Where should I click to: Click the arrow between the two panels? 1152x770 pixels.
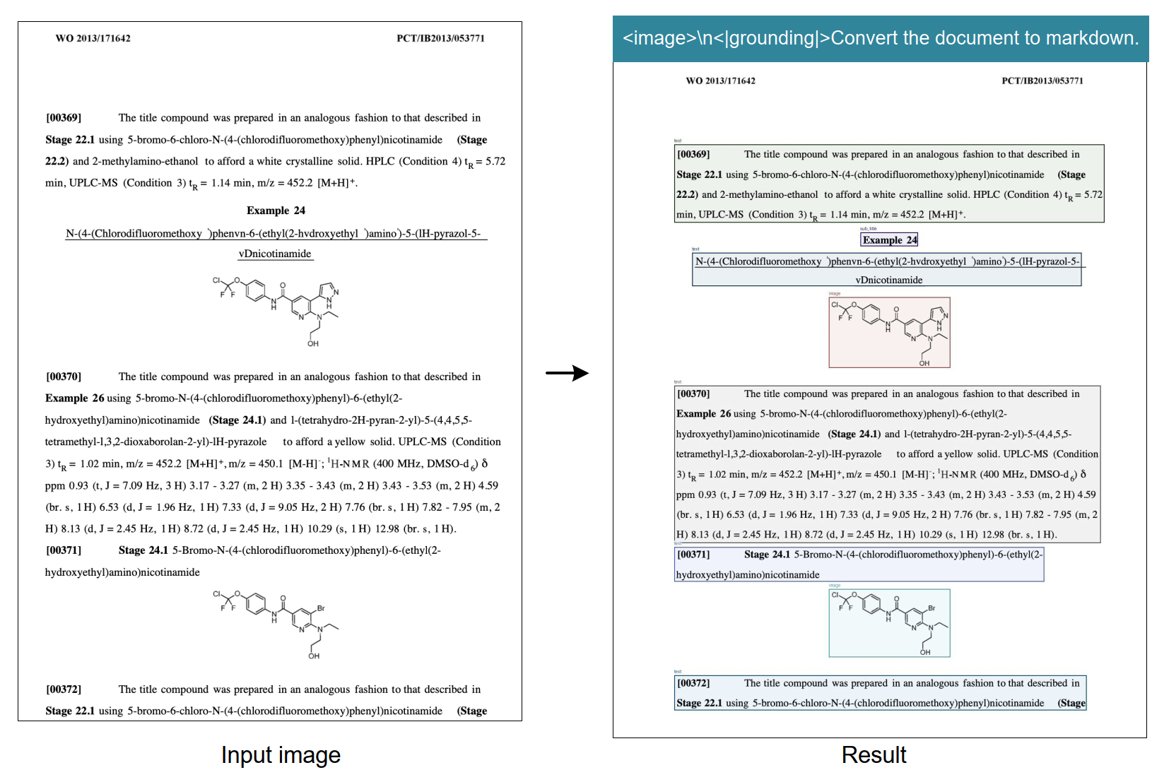567,373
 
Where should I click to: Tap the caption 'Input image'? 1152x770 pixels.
281,754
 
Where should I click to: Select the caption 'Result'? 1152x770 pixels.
874,754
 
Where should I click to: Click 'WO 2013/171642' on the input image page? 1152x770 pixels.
93,38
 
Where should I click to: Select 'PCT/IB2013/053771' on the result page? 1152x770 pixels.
1042,81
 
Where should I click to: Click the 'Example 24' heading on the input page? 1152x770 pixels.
276,211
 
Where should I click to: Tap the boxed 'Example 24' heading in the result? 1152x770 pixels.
889,240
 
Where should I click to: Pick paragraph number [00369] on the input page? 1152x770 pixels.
64,118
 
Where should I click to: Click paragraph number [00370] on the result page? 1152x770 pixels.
693,394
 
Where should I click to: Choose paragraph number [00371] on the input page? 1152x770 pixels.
64,550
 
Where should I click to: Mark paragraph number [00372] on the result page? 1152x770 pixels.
693,683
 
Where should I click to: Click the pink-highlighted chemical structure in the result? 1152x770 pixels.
889,332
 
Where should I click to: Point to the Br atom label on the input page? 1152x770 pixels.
321,608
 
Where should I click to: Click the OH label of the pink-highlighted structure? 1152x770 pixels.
924,363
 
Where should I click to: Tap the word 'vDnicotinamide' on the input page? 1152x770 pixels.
275,254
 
